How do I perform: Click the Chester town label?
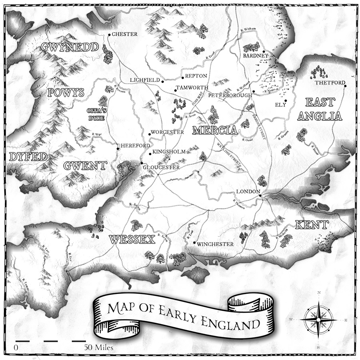tap(124, 34)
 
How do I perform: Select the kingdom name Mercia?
tap(215, 130)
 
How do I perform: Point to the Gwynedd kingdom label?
tap(69, 48)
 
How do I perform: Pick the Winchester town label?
tap(216, 244)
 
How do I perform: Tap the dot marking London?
tap(260, 196)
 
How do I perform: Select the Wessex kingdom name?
tap(132, 240)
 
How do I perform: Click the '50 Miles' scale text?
tap(98, 347)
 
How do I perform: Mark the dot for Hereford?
tap(118, 149)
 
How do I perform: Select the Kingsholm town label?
tap(169, 152)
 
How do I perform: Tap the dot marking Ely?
tap(286, 100)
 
